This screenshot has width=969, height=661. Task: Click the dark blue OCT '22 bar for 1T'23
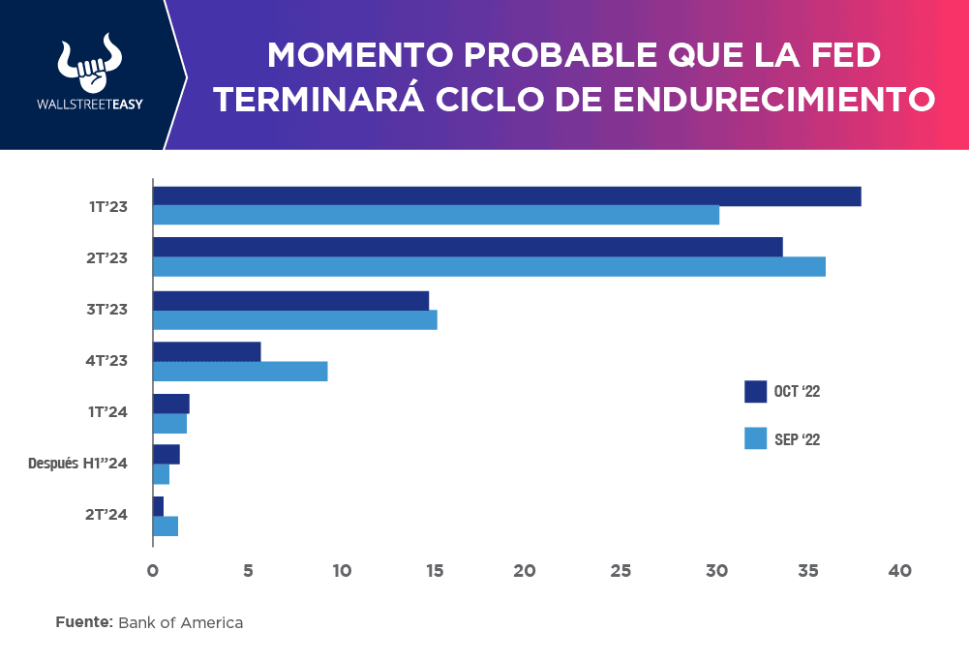tap(506, 196)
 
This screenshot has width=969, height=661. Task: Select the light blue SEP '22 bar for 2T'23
tap(489, 266)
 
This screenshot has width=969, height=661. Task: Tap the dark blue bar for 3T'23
tap(290, 301)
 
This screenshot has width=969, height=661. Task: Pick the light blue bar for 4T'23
tap(240, 371)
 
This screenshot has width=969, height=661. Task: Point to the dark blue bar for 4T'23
tap(207, 351)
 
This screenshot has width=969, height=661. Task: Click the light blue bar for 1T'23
tap(436, 215)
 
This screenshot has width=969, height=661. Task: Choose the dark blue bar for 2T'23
tap(468, 247)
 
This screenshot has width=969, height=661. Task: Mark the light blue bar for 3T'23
tap(295, 319)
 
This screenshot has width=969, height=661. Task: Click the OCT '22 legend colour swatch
tap(755, 391)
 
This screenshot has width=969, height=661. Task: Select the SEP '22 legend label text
tap(798, 439)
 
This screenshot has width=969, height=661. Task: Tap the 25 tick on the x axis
tap(620, 571)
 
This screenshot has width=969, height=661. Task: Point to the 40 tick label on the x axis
tap(900, 571)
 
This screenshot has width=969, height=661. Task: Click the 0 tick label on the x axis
tap(153, 571)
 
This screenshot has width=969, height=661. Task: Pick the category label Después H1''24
tap(78, 463)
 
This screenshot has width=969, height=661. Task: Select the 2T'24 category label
tap(106, 514)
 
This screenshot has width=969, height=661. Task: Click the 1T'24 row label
tap(106, 411)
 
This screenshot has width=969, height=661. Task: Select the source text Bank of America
tap(180, 623)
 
